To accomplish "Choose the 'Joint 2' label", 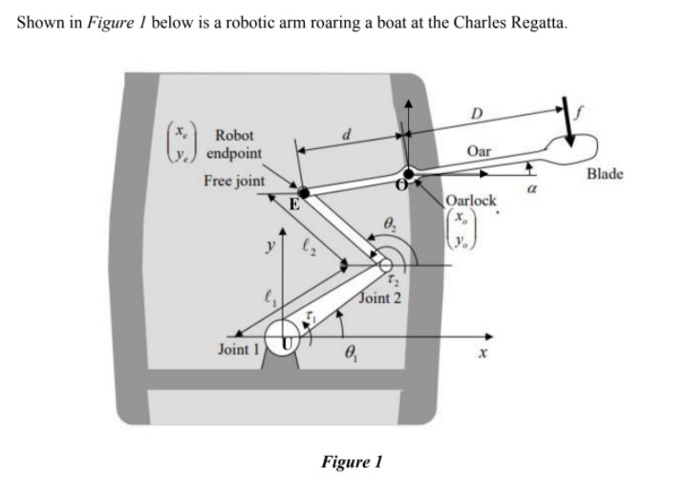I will [379, 298].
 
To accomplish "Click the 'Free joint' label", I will [234, 181].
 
